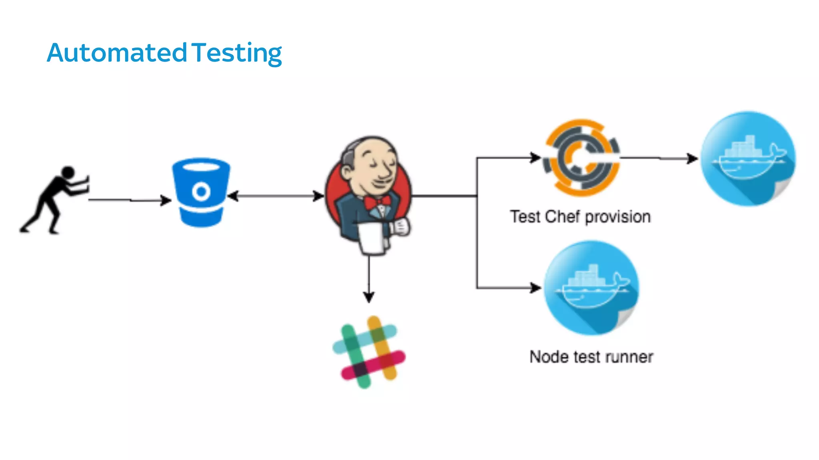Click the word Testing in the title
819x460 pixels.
click(x=236, y=53)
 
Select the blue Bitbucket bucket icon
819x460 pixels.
click(x=201, y=192)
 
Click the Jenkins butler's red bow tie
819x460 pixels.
click(x=377, y=202)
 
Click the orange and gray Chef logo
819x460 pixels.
click(x=581, y=158)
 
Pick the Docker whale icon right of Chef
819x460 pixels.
click(x=748, y=159)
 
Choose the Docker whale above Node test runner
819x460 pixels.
click(x=591, y=288)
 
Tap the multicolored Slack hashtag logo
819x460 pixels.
click(x=369, y=352)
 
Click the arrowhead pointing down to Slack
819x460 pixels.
click(x=369, y=297)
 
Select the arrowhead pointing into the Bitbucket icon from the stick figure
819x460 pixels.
click(x=166, y=200)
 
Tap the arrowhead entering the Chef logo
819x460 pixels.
click(x=535, y=158)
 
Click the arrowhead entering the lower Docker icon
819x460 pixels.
click(x=535, y=288)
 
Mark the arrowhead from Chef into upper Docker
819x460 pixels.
click(x=692, y=159)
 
